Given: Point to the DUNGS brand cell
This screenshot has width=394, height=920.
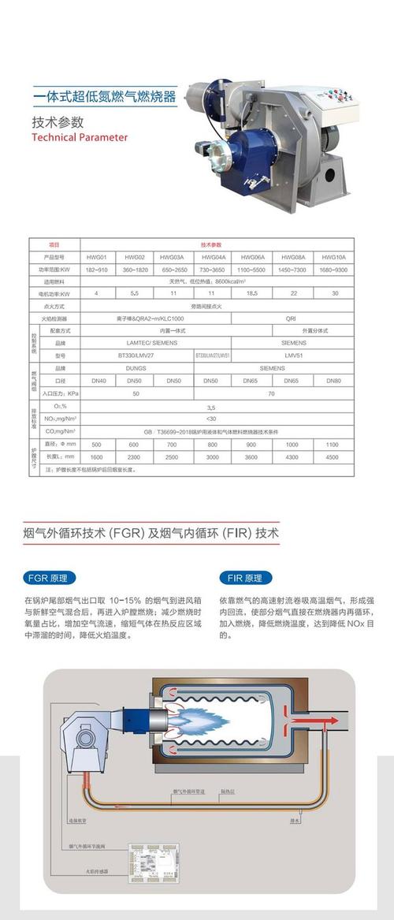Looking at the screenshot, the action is [x=136, y=368].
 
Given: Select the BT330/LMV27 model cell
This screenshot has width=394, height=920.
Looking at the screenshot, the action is [x=136, y=356].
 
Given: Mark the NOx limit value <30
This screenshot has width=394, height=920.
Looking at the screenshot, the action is [x=211, y=419].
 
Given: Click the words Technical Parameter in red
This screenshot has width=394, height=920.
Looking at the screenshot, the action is [x=79, y=136].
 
